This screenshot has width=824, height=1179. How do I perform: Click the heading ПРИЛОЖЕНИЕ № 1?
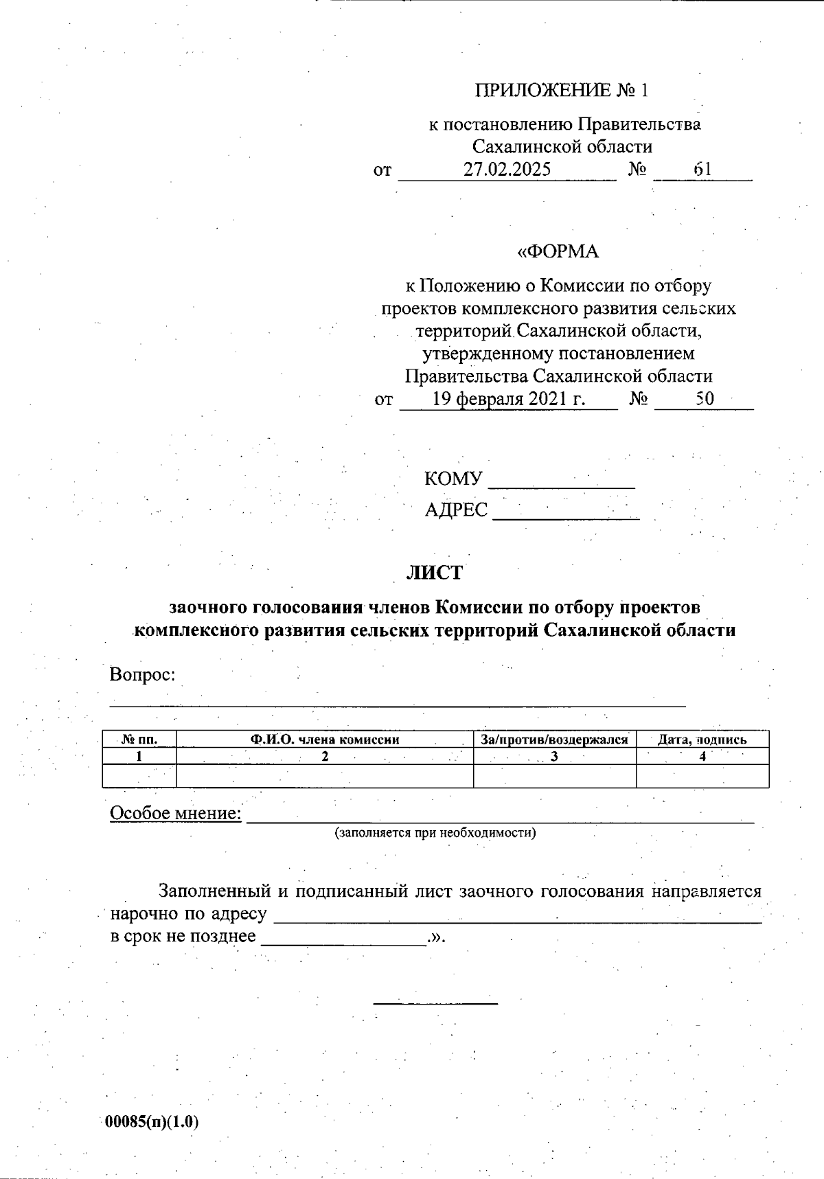pos(561,91)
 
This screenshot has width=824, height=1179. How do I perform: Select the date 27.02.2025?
pos(507,170)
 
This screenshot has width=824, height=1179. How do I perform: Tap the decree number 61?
pos(702,170)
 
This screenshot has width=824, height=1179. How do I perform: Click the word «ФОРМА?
pos(558,252)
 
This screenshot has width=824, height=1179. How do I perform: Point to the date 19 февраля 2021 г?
pos(508,399)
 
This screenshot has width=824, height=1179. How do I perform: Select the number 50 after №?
pos(705,399)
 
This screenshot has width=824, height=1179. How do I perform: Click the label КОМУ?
pos(453,479)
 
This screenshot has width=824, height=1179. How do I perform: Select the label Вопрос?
pos(143,675)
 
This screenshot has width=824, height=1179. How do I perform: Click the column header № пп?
pos(139,740)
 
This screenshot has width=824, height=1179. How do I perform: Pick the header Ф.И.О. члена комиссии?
pos(325,740)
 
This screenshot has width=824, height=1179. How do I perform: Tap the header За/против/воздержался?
pos(554,740)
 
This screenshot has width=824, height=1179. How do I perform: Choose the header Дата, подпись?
pos(702,740)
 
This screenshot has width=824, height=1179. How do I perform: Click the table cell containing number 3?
pos(554,757)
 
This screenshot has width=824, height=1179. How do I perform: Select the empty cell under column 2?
pos(325,776)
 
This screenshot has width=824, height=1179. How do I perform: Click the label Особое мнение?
pos(176,814)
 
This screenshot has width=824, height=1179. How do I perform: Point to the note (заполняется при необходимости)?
pos(435,833)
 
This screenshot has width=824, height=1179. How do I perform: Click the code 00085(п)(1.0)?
pos(152,1122)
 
